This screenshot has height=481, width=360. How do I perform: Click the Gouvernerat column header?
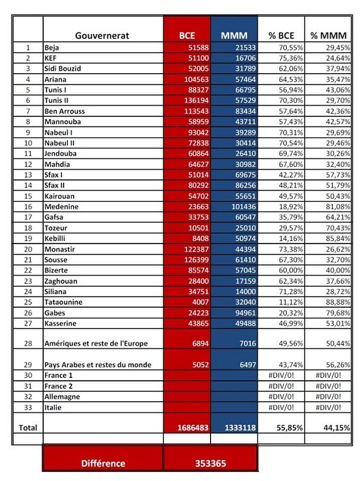tap(102, 35)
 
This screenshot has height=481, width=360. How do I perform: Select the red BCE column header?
tap(187, 35)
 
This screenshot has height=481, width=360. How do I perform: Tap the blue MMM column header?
tap(234, 35)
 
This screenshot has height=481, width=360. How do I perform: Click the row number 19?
tap(28, 238)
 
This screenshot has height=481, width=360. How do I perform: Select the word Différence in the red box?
tap(103, 464)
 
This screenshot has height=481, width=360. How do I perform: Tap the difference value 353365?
tap(211, 464)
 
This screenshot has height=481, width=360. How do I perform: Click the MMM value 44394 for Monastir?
tap(242, 249)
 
